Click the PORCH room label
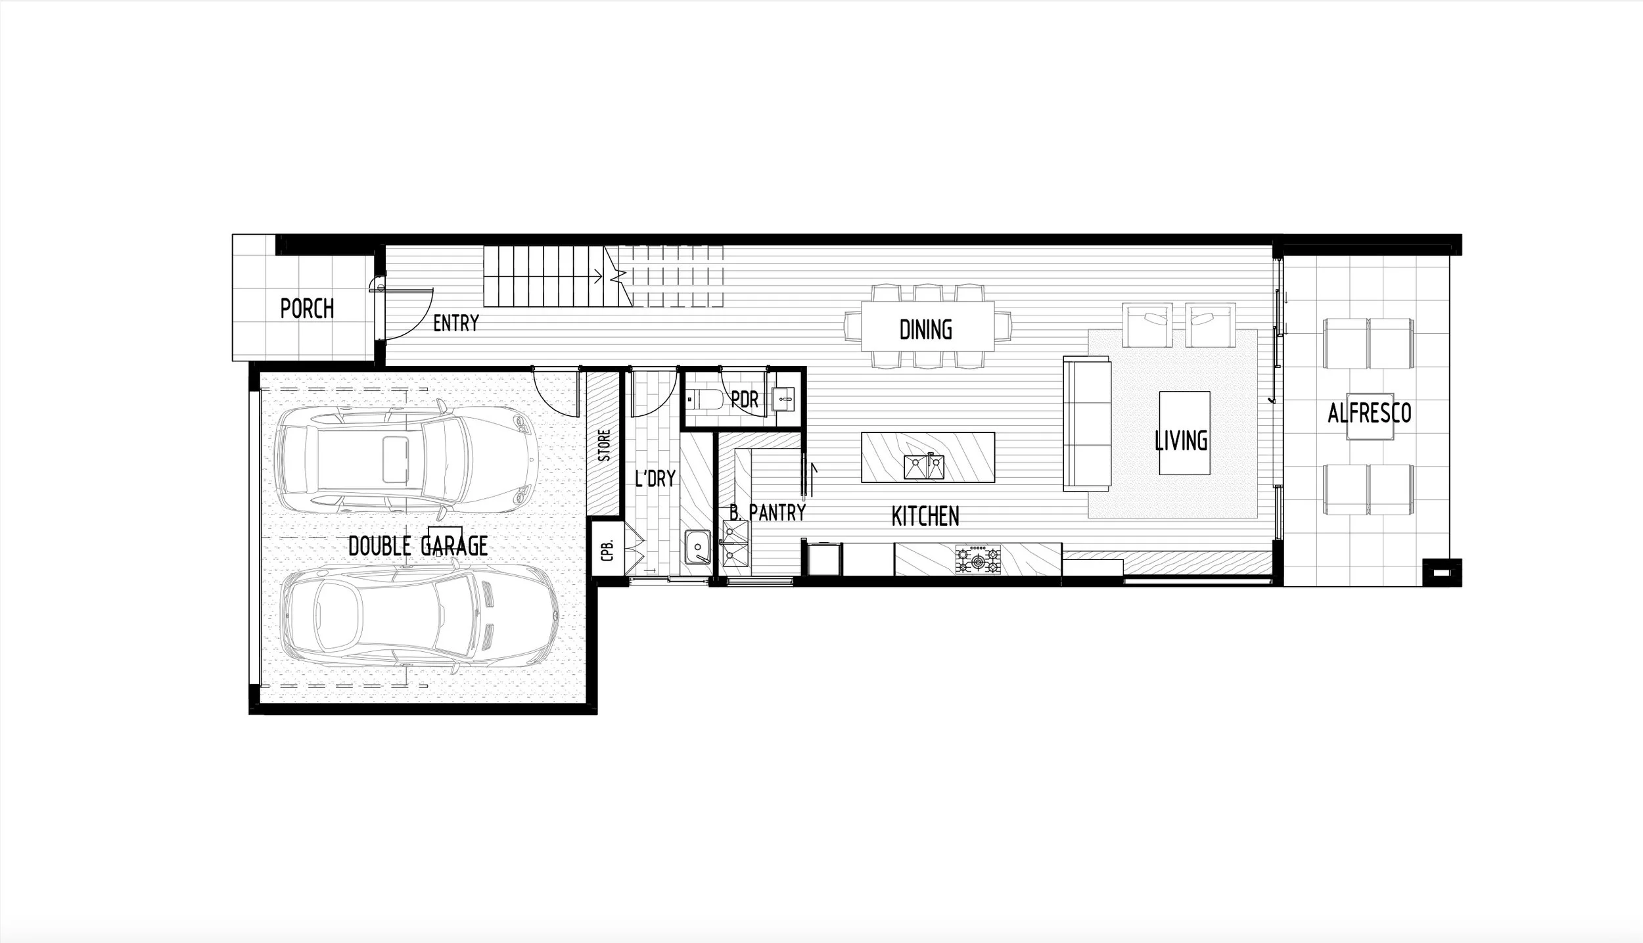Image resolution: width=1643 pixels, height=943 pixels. tap(307, 309)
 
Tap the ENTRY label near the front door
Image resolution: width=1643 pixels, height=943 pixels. tap(456, 323)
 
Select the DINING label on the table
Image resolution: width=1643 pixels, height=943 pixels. tap(925, 330)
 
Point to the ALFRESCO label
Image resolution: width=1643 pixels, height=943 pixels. tap(1370, 413)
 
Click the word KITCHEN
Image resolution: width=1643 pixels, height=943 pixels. tap(925, 517)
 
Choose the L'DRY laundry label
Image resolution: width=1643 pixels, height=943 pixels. tap(655, 478)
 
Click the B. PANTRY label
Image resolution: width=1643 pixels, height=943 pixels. tap(768, 512)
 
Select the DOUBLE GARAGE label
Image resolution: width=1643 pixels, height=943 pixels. tap(418, 545)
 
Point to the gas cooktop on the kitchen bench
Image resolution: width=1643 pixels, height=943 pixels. tap(979, 561)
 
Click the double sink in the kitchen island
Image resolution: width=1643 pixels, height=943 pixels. tap(923, 467)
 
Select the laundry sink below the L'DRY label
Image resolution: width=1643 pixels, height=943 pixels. tap(696, 547)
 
